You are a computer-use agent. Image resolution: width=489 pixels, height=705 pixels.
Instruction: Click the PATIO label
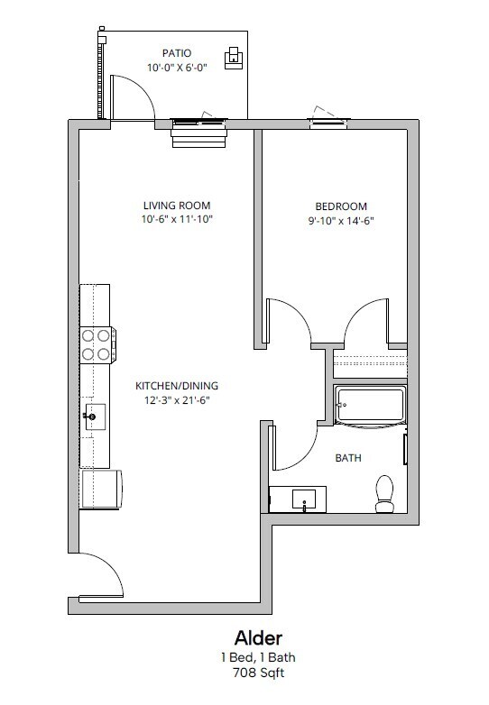[x=177, y=53]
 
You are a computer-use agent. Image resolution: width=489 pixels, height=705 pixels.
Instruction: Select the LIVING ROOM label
[x=177, y=206]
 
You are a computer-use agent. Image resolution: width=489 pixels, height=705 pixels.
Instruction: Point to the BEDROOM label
[x=341, y=206]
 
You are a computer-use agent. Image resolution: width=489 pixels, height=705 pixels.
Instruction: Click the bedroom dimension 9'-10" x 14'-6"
[x=341, y=221]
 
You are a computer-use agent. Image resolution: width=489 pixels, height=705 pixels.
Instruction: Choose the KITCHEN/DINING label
[x=177, y=385]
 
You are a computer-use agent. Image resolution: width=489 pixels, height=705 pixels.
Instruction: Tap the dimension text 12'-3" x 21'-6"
[x=177, y=399]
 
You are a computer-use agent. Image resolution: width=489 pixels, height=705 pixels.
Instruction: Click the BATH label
[x=348, y=458]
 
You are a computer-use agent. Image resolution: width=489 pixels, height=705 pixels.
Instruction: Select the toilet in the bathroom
[x=384, y=495]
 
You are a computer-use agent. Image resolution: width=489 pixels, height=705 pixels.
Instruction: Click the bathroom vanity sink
[x=304, y=499]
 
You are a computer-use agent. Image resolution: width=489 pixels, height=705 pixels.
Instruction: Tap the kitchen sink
[x=95, y=417]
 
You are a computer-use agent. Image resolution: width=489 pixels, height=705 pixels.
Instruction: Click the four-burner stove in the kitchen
[x=97, y=345]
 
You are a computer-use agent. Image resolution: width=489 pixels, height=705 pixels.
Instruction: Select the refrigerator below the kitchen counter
[x=101, y=490]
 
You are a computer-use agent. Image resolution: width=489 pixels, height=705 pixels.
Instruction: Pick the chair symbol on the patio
[x=234, y=58]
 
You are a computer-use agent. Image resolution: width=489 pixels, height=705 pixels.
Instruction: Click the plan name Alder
[x=258, y=637]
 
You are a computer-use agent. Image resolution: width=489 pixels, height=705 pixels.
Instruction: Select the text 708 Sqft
[x=258, y=673]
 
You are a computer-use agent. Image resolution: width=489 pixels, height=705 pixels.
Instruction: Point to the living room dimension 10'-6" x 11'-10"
[x=177, y=219]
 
